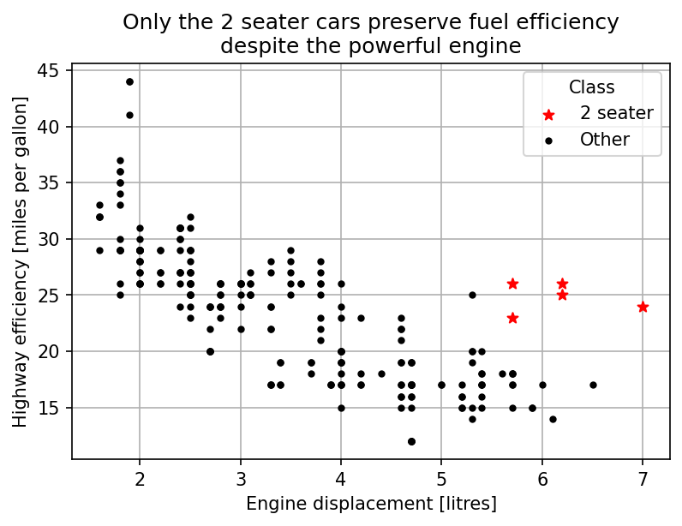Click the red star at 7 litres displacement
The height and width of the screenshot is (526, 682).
643,307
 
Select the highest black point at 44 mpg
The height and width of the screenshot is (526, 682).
129,81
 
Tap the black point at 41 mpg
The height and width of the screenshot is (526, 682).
129,115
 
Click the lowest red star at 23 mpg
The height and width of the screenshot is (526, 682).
512,318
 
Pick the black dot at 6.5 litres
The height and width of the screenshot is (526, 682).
593,385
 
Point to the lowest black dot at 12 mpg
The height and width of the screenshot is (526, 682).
411,441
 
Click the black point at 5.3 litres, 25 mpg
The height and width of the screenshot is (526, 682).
472,295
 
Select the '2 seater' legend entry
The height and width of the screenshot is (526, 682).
616,113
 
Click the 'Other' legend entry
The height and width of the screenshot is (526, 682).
604,140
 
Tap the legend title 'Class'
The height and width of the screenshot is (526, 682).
591,87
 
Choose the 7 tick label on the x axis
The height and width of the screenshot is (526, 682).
643,476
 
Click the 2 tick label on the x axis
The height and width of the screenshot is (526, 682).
140,476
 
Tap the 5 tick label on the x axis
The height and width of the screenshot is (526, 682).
441,476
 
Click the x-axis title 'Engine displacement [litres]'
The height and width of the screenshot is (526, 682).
371,504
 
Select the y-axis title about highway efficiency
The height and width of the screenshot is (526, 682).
20,261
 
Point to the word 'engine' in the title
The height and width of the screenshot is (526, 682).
490,45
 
